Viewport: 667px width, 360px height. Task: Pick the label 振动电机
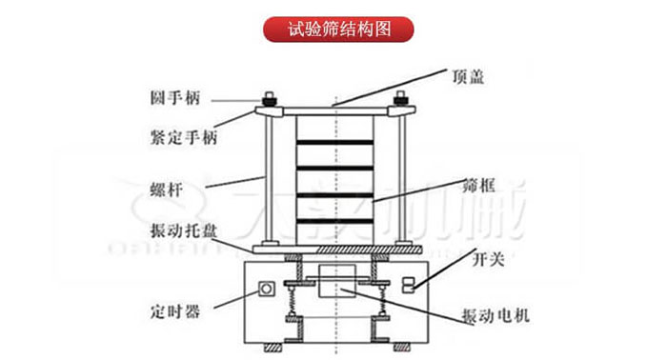(489, 315)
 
